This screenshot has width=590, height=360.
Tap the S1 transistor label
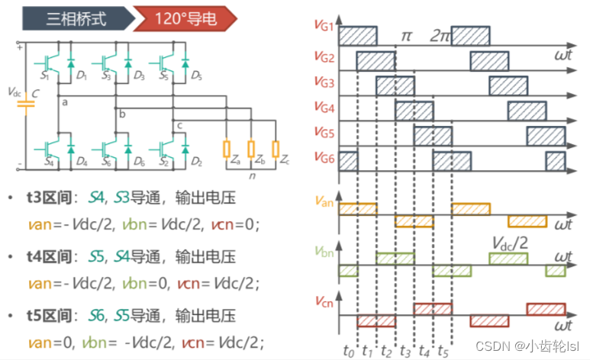coord(45,76)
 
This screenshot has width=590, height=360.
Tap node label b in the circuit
coord(122,114)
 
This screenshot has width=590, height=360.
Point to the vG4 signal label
coord(324,108)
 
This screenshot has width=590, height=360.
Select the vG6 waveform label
coord(324,158)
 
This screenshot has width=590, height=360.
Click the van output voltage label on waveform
coord(324,202)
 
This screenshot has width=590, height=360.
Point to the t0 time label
coord(349,351)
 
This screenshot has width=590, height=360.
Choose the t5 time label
coord(443,351)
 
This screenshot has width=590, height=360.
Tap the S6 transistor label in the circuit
coord(107,162)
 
